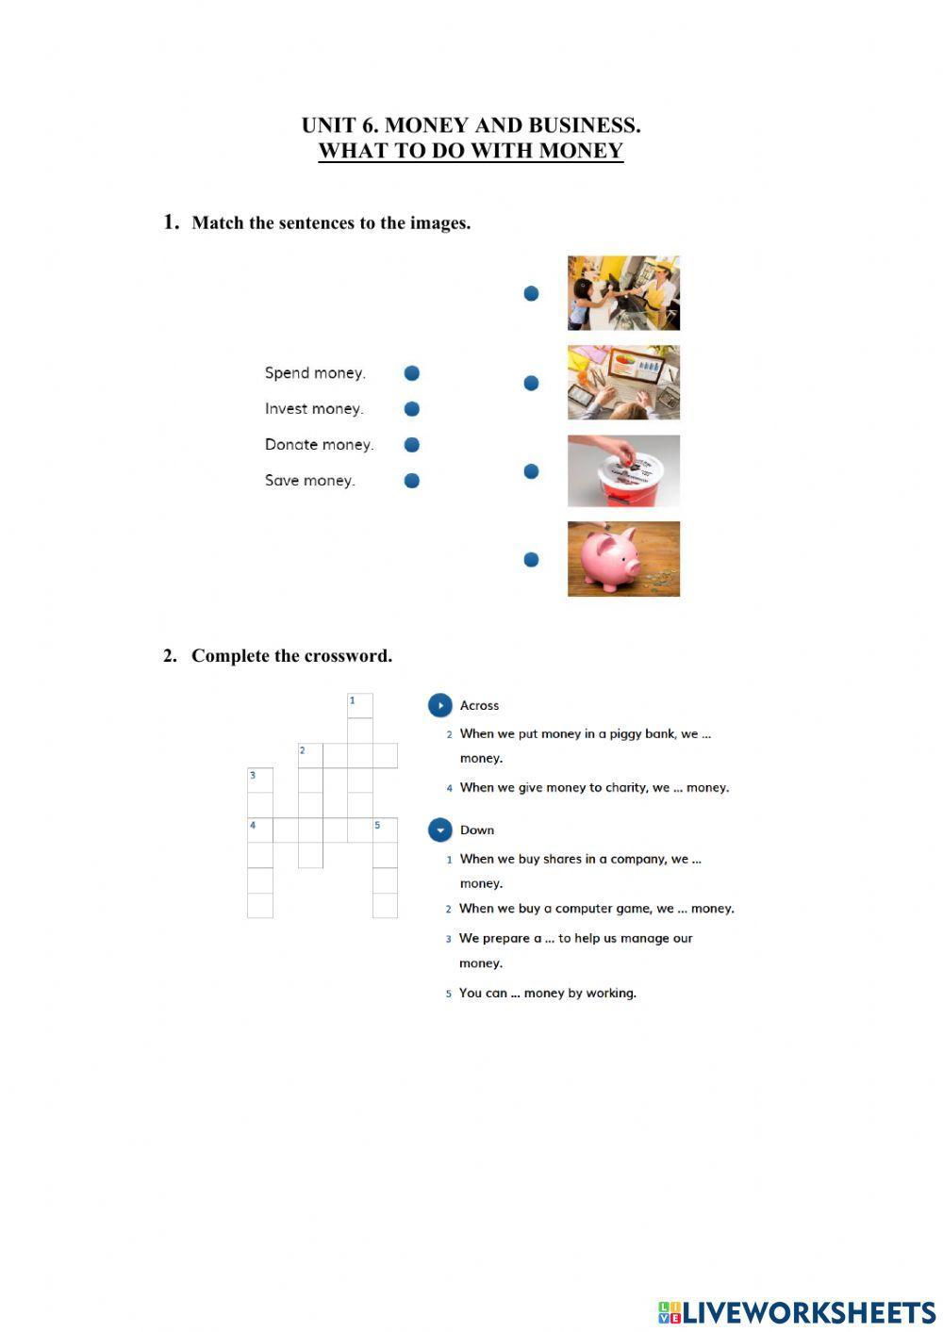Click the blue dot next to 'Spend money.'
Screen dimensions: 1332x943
(x=411, y=373)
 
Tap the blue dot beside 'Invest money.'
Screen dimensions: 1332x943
(x=411, y=409)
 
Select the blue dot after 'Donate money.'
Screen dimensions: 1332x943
(x=411, y=445)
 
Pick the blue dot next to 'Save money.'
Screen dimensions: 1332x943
(x=411, y=481)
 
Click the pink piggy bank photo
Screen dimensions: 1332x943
(x=623, y=559)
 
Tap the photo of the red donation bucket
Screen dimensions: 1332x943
(x=623, y=470)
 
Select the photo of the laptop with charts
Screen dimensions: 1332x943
(x=623, y=382)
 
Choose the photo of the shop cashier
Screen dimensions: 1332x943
(x=623, y=293)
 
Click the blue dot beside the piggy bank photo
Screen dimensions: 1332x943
(x=531, y=560)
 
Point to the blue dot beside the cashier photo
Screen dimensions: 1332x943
(x=531, y=294)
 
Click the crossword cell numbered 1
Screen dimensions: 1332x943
(x=360, y=706)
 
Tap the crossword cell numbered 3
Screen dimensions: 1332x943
(x=260, y=781)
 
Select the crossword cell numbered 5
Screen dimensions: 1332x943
(x=385, y=830)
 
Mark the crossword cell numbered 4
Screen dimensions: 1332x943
(x=260, y=830)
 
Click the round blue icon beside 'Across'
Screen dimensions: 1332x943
(x=440, y=705)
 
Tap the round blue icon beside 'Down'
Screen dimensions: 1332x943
(x=440, y=830)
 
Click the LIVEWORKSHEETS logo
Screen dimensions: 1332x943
(x=797, y=1312)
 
